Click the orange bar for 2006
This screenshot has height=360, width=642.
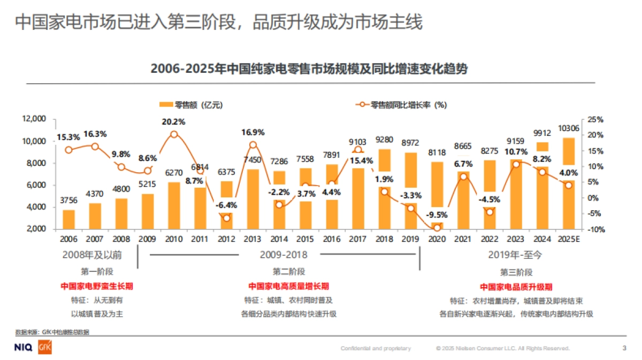click(68, 219)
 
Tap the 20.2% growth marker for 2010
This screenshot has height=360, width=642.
click(173, 134)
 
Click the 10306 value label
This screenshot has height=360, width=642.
click(569, 128)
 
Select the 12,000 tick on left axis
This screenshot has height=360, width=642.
click(33, 119)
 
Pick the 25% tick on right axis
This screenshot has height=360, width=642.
click(595, 119)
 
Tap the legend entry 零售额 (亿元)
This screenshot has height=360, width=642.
click(187, 105)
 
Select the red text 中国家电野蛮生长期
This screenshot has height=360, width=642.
click(97, 286)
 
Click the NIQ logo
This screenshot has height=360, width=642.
click(25, 348)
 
